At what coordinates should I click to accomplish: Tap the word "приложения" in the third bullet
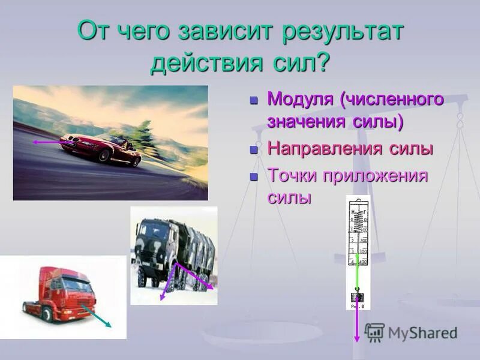point(377,176)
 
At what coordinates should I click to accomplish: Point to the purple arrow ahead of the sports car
point(47,142)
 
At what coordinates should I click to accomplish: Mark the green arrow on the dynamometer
point(358,273)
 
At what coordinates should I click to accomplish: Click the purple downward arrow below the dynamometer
point(357,324)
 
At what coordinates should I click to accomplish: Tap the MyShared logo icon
point(374,332)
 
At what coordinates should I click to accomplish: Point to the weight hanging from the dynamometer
point(358,297)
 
